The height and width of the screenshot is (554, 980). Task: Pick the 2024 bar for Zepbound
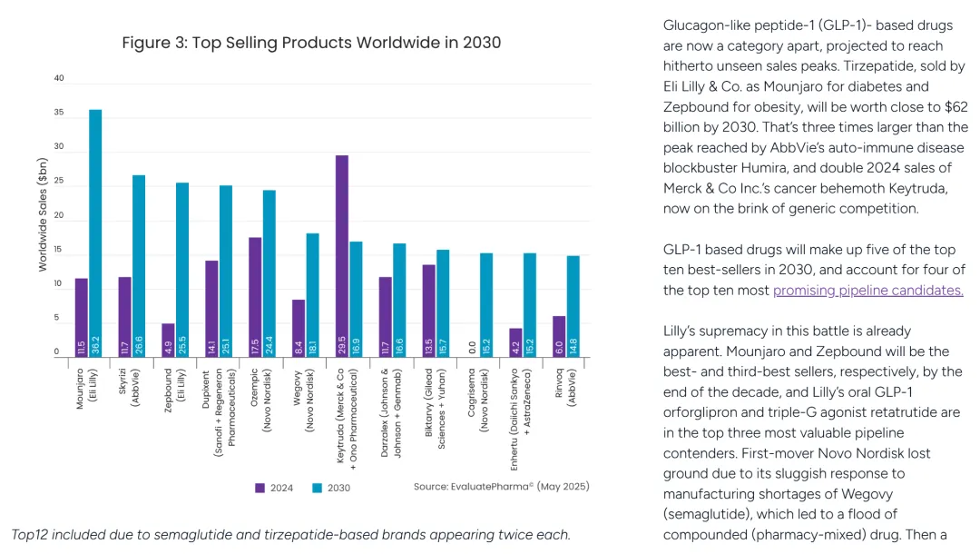[x=168, y=340]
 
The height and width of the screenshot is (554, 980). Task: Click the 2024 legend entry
[x=274, y=488]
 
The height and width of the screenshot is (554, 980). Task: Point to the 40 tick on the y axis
[x=59, y=79]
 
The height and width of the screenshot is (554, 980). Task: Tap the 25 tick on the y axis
[x=59, y=182]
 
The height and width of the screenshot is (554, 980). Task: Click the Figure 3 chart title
[x=311, y=43]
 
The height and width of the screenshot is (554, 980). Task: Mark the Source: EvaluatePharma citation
[x=501, y=487]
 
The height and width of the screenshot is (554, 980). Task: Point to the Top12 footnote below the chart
[x=290, y=534]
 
